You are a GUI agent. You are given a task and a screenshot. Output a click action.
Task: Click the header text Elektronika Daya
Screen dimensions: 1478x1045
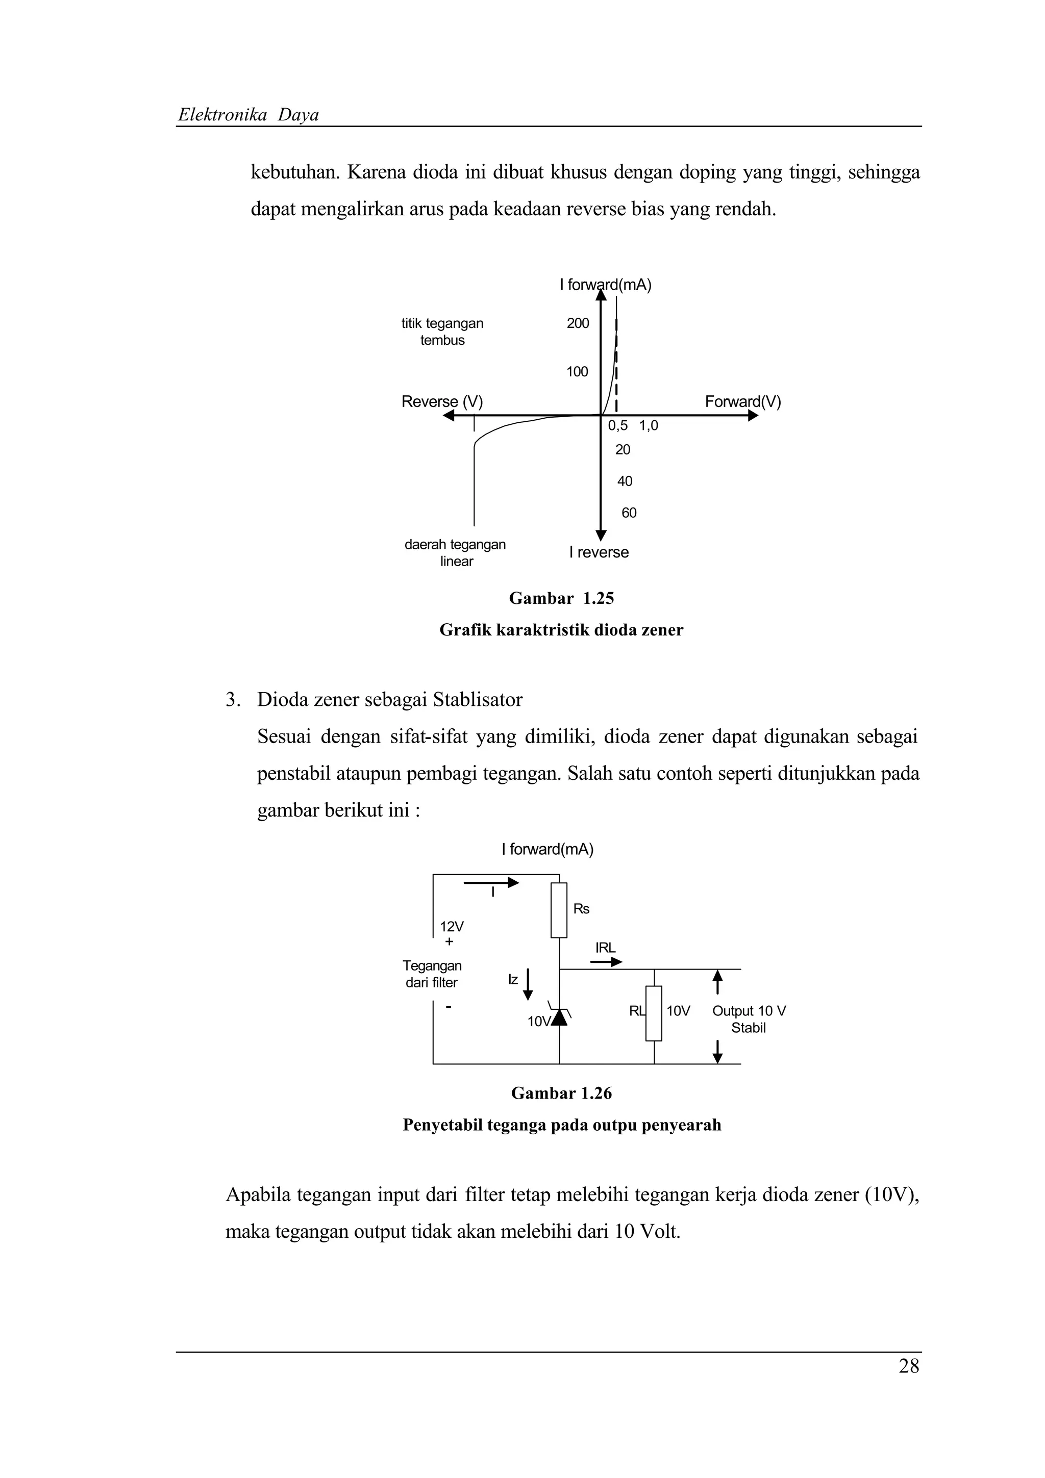tap(248, 115)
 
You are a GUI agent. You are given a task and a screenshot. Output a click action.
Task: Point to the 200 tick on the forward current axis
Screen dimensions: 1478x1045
tap(578, 324)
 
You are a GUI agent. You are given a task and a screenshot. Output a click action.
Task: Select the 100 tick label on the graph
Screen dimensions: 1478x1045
tap(577, 371)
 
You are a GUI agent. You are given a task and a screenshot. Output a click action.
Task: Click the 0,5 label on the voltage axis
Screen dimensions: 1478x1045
tap(617, 425)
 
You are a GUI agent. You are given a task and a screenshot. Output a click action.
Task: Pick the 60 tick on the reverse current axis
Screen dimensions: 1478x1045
tap(629, 513)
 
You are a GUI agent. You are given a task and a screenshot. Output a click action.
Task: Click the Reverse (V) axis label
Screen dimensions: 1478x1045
tap(442, 402)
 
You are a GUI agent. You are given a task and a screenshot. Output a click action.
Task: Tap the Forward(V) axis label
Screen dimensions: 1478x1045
tap(742, 402)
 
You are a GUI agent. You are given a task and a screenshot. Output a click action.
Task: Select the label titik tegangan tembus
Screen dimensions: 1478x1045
tap(442, 332)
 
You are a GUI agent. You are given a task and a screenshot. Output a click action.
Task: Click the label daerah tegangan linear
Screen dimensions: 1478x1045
tap(455, 552)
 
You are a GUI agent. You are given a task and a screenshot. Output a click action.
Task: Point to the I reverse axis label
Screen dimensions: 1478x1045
tap(599, 552)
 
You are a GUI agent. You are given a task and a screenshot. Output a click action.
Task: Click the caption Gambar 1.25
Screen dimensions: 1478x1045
tap(561, 598)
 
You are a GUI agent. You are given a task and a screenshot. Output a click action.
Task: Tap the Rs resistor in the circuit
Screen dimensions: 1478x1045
tap(559, 910)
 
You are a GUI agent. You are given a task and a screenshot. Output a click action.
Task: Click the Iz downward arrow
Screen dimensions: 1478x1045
tap(528, 984)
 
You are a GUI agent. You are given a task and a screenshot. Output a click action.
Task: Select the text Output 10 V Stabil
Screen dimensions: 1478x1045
tap(748, 1019)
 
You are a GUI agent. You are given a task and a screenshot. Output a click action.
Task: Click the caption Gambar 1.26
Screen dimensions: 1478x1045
tap(561, 1093)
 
